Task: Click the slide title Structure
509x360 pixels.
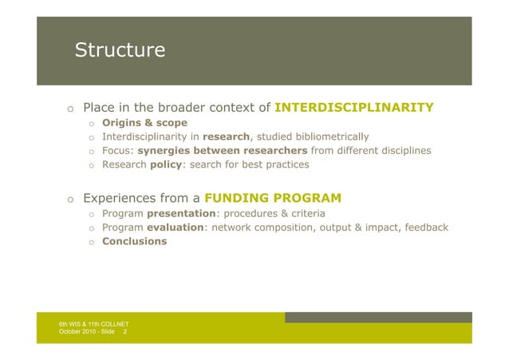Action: [120, 51]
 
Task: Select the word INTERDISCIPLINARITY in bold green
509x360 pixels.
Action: [353, 108]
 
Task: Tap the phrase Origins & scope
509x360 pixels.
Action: [144, 123]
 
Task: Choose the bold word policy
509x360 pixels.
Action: [166, 165]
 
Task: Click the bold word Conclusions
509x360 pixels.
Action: [134, 241]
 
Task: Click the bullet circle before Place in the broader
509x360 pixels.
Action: [70, 109]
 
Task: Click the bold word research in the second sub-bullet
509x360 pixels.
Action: [227, 136]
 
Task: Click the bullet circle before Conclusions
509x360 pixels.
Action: [92, 242]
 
